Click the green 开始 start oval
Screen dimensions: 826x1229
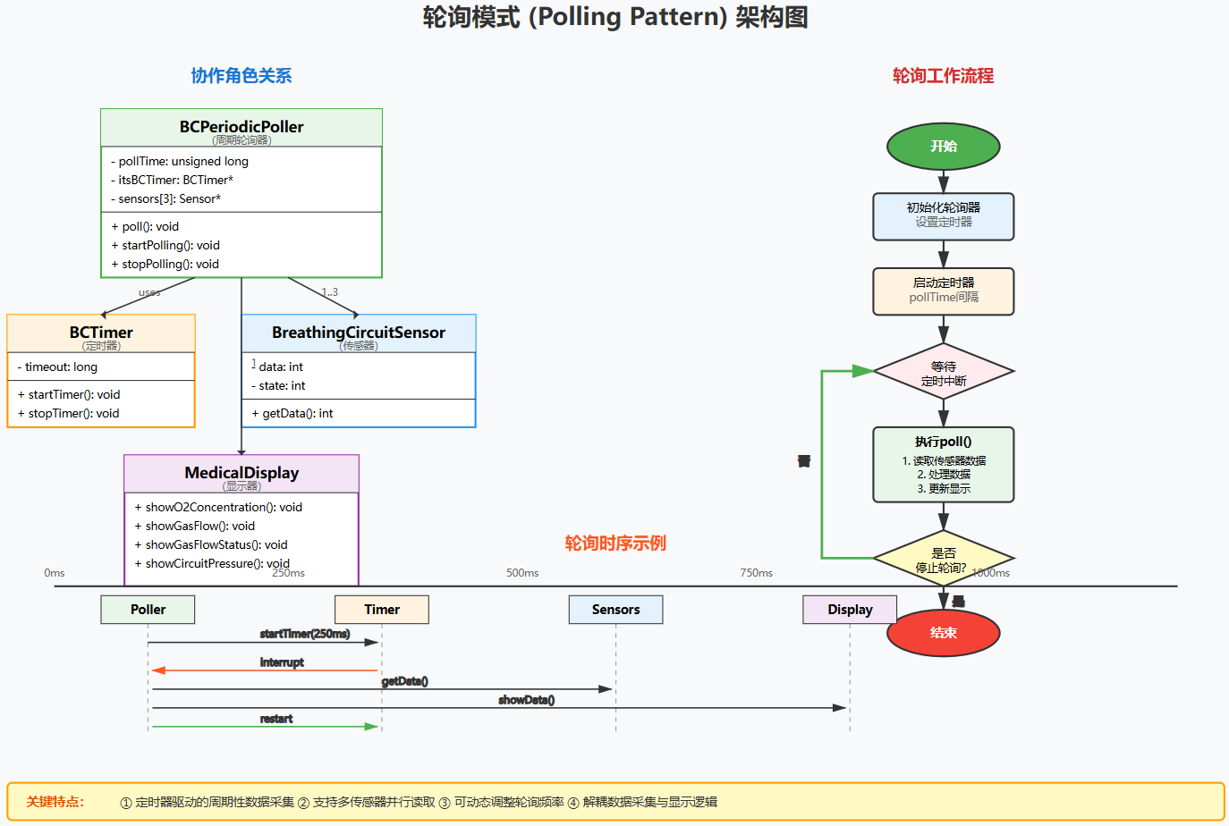[943, 147]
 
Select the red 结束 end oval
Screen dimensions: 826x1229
[943, 633]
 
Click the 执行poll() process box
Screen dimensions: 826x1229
[943, 464]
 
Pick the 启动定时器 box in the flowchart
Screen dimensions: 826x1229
[943, 291]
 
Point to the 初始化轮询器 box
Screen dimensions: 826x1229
[943, 215]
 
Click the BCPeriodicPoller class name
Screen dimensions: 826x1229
[242, 127]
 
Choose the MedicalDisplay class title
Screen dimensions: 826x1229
[242, 473]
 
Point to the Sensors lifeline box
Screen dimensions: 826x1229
[615, 610]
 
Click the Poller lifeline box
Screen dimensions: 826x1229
[148, 610]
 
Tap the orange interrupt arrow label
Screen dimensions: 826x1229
[282, 662]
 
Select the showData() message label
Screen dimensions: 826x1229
[526, 700]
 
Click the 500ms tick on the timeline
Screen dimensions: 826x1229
[522, 573]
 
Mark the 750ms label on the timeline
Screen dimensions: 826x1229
[756, 573]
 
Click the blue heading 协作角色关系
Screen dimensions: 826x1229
[242, 76]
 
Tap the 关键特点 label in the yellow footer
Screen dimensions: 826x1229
[55, 802]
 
